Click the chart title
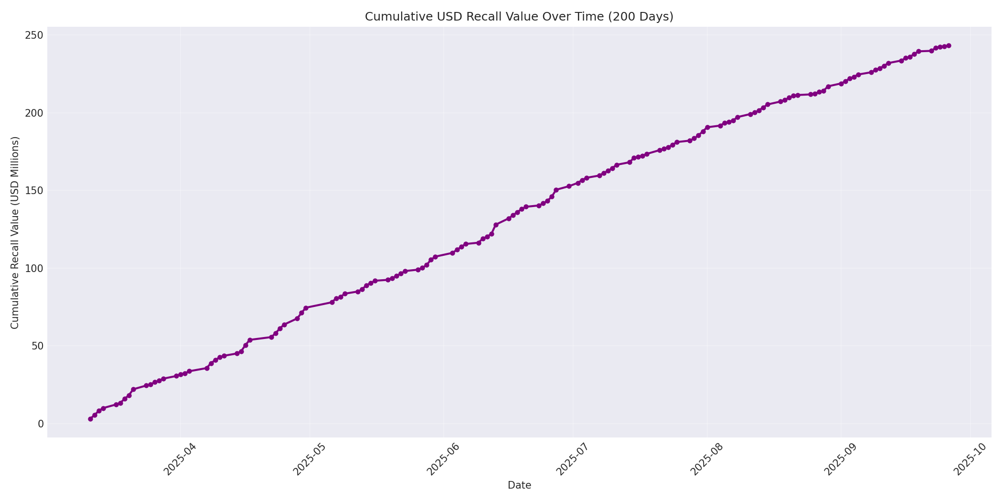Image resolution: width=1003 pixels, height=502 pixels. tap(519, 17)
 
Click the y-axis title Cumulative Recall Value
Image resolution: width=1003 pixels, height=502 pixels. tap(15, 232)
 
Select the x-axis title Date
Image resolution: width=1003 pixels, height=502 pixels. tap(519, 485)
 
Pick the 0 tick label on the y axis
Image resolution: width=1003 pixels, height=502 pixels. tap(40, 424)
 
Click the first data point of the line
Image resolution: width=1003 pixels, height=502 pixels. tap(90, 419)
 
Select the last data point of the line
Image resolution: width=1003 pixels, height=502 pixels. tap(949, 46)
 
